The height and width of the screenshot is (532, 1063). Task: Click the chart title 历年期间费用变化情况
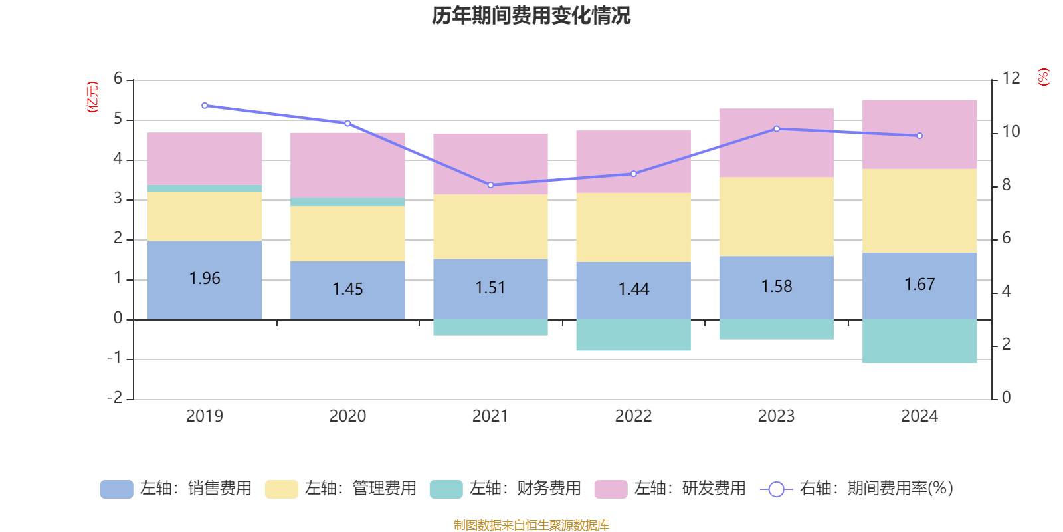click(531, 16)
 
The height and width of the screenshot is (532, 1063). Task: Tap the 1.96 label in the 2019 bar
click(205, 279)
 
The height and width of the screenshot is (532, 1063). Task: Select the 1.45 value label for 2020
click(347, 289)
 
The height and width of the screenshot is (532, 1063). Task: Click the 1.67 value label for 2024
click(919, 285)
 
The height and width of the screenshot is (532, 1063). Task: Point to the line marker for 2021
click(491, 185)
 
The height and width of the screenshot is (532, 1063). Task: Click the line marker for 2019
click(205, 106)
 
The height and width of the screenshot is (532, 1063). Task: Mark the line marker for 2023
click(777, 129)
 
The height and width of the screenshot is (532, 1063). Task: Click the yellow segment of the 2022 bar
click(633, 227)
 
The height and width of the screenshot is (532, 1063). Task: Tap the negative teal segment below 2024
click(919, 341)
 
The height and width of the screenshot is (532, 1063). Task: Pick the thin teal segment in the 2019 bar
click(205, 188)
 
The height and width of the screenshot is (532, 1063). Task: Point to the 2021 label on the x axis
click(490, 416)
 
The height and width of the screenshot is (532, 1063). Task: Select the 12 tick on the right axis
click(1011, 78)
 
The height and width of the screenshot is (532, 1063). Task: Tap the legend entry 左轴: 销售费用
click(177, 489)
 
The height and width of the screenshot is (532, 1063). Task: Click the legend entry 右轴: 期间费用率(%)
click(857, 489)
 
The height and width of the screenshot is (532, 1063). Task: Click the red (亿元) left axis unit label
click(92, 97)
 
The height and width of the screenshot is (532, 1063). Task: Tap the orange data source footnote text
click(531, 525)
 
